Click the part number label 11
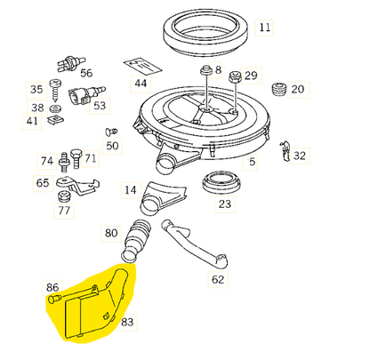pyautogui.click(x=264, y=28)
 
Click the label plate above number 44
pyautogui.click(x=141, y=64)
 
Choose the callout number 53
pyautogui.click(x=99, y=107)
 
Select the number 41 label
pyautogui.click(x=33, y=121)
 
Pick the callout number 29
pyautogui.click(x=251, y=76)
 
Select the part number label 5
pyautogui.click(x=252, y=162)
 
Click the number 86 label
pyautogui.click(x=53, y=288)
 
